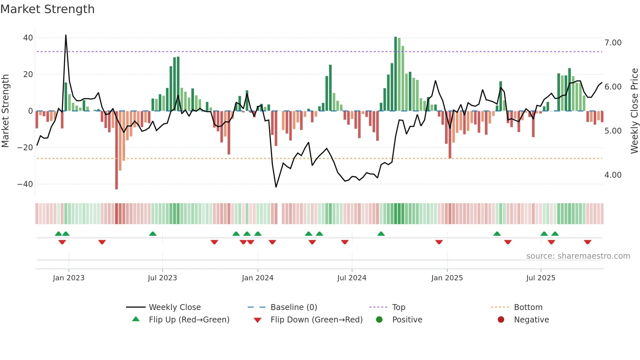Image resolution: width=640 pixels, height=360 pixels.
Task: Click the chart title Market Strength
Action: (48, 9)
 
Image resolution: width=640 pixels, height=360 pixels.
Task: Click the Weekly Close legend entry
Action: (174, 307)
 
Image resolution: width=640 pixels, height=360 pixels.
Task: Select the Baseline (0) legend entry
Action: (294, 307)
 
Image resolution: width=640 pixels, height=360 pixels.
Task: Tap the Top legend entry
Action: (398, 307)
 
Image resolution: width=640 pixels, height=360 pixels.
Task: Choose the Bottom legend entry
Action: (528, 307)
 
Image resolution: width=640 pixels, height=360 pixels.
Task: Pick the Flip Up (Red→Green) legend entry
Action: (189, 319)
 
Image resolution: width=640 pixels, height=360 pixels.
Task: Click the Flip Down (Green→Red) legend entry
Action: (316, 319)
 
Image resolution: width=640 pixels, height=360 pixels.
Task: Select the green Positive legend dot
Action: (379, 319)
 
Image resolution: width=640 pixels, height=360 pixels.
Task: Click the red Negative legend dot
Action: (501, 319)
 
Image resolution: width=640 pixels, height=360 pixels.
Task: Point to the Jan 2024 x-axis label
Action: (258, 278)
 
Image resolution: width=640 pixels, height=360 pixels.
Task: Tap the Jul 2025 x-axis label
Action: (541, 278)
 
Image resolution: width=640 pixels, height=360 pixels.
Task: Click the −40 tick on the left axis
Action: (25, 184)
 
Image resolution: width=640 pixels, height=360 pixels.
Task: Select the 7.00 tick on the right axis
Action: (613, 43)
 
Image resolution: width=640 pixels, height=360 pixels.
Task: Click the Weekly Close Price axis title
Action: (634, 111)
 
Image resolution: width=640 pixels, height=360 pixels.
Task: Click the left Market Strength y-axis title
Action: (6, 111)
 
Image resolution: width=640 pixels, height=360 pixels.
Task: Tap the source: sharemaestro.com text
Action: (578, 256)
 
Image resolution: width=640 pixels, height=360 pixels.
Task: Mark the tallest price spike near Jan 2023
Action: (66, 35)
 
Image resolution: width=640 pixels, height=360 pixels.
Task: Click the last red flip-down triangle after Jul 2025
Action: (588, 242)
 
